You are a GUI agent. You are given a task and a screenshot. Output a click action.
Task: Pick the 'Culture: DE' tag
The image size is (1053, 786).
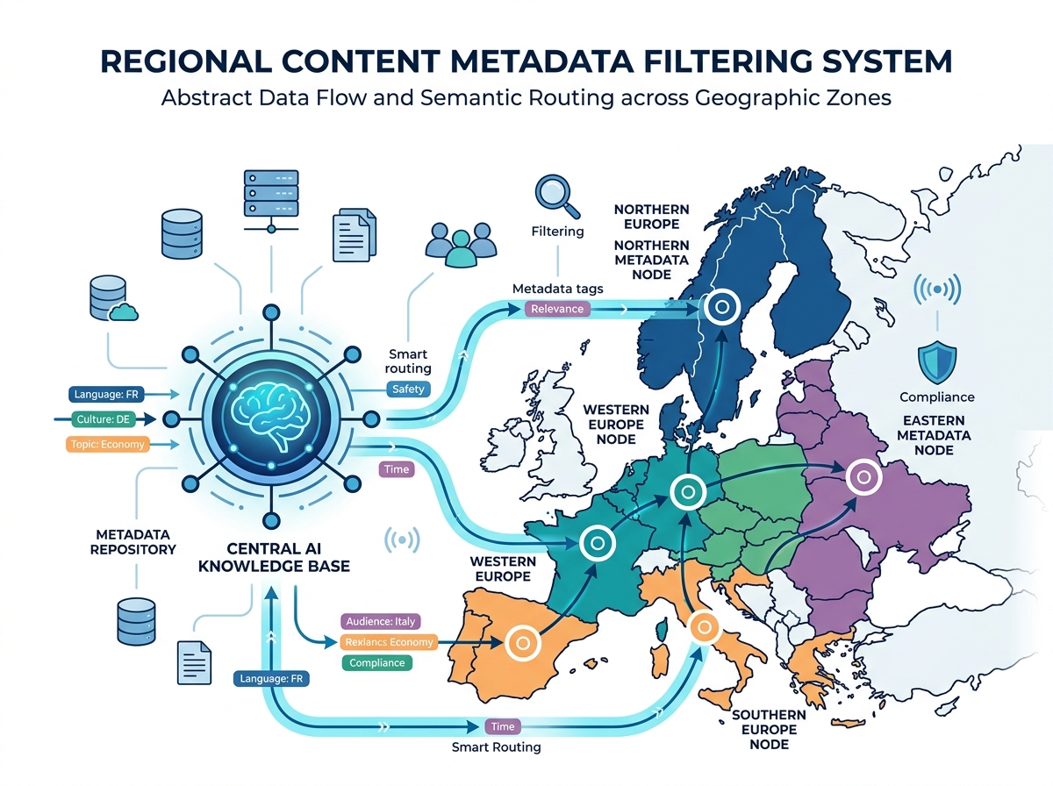tap(104, 420)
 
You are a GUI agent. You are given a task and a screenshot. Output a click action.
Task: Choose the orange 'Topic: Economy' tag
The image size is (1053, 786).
tap(107, 445)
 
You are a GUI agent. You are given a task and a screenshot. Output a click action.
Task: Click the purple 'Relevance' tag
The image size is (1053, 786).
tap(557, 309)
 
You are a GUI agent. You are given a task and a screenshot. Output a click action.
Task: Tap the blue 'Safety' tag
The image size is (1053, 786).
tap(408, 389)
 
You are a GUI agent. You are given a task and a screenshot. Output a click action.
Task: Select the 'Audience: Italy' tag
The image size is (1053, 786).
tap(381, 621)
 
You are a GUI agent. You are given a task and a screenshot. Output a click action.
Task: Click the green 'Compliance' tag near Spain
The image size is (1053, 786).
tap(377, 663)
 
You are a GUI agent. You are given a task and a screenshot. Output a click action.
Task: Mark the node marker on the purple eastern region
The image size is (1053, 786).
tap(863, 477)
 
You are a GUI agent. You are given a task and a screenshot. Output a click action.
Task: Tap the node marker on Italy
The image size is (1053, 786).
tap(703, 627)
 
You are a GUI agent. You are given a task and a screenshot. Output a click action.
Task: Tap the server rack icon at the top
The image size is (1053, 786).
tap(268, 200)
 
